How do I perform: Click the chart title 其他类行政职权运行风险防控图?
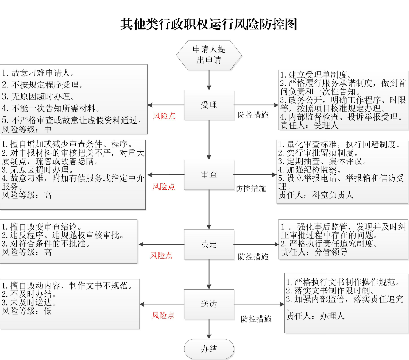208,24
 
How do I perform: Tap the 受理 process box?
209,105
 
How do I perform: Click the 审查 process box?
209,174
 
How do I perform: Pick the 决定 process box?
209,244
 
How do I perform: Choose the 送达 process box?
209,304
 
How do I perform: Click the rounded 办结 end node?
209,349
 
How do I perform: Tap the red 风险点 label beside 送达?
163,316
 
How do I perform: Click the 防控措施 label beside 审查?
251,188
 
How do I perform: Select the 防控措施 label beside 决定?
253,256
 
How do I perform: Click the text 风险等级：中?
27,129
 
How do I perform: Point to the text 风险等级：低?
27,310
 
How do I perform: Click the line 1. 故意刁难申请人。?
38,73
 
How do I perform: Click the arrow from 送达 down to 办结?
209,329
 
